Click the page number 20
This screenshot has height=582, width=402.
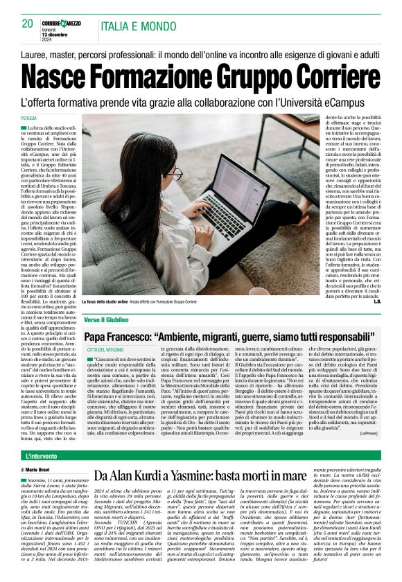coord(27,24)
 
